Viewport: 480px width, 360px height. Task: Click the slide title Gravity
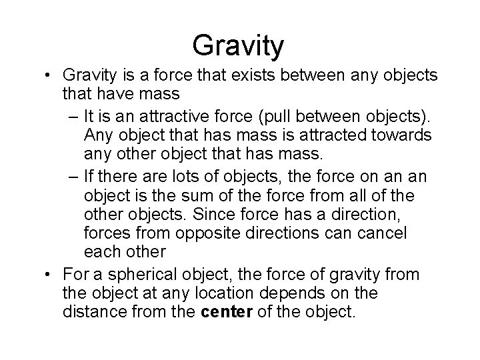tap(238, 45)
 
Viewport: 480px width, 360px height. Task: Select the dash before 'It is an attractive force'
tap(72, 117)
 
